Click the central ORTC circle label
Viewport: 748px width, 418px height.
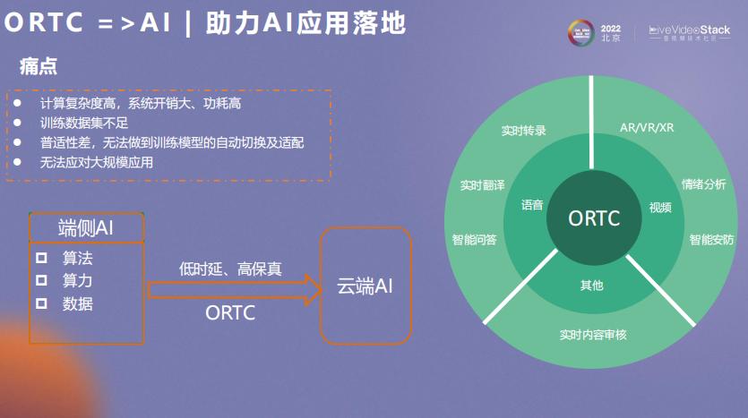pos(594,218)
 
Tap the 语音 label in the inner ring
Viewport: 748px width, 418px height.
pos(532,205)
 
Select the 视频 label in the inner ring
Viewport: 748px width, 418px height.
pos(660,207)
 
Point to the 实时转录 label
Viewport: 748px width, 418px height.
pos(524,130)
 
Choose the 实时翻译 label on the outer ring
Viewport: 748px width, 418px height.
pos(483,185)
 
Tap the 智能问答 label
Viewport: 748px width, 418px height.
pos(475,239)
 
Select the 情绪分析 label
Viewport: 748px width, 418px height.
pos(703,184)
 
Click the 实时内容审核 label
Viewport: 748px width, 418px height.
pos(593,335)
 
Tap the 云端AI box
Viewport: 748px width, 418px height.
pos(365,286)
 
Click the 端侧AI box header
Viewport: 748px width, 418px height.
pos(86,226)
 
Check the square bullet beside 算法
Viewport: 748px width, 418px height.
pos(41,258)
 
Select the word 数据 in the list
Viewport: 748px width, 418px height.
pos(77,303)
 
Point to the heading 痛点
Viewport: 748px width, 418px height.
pos(39,67)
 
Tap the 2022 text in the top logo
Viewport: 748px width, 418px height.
pos(611,28)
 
